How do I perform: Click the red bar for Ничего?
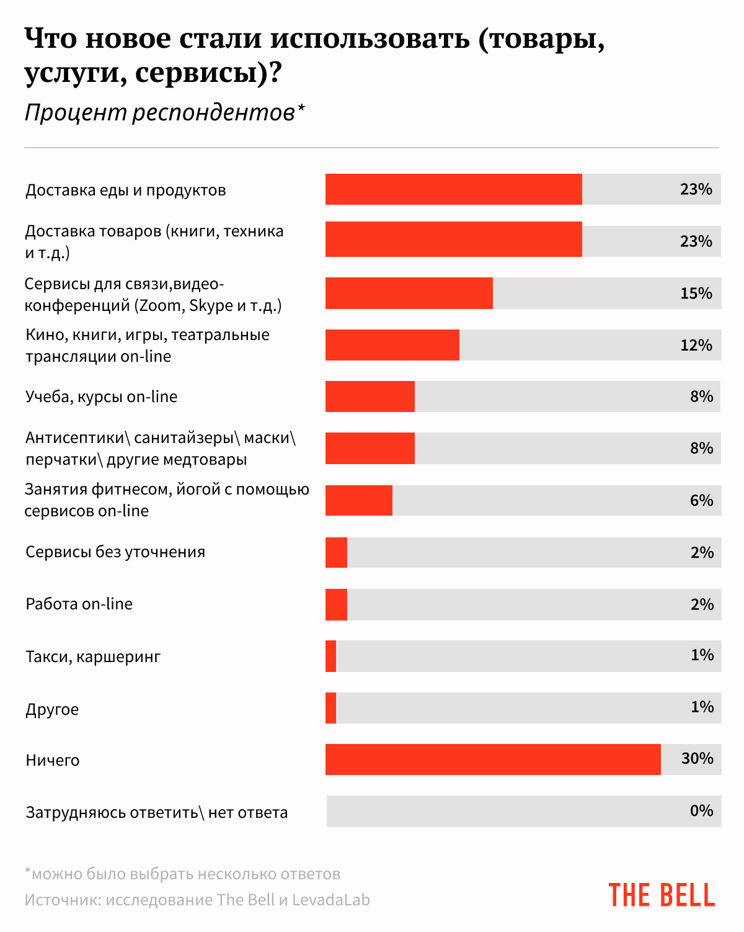coord(493,759)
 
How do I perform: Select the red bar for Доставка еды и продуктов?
coord(454,189)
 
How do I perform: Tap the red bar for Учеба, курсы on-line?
coord(370,397)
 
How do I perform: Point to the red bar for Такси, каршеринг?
coord(331,656)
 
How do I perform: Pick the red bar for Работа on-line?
coord(337,604)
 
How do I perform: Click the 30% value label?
coord(697,759)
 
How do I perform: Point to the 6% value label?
coord(701,501)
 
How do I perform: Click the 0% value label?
coord(701,811)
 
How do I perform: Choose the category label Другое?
coord(52,709)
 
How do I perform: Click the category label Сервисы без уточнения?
coord(115,552)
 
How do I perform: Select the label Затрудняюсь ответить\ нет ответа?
coord(156,813)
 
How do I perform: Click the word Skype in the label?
coord(211,306)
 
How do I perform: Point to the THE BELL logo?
coord(662,895)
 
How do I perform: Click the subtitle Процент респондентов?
coord(160,113)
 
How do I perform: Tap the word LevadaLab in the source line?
coord(331,900)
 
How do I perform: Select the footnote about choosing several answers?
coord(183,874)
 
